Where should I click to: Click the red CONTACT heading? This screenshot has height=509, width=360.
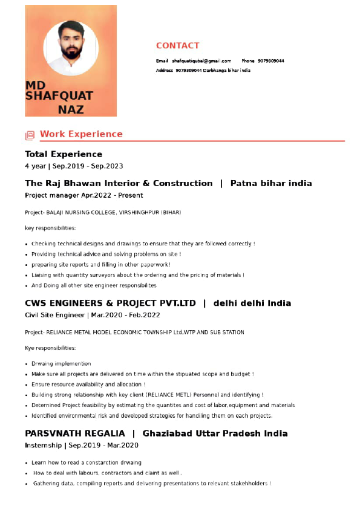click(x=177, y=46)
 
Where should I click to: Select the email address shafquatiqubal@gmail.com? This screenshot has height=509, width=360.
click(x=201, y=61)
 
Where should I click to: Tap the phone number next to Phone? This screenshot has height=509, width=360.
click(x=271, y=61)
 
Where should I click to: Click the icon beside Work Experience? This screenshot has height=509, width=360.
click(x=30, y=135)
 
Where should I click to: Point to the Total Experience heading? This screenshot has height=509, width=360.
click(x=64, y=154)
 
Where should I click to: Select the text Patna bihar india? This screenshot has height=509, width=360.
click(x=271, y=183)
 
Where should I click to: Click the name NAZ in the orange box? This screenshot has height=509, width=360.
click(x=71, y=109)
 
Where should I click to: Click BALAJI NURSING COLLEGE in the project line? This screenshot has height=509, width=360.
click(x=81, y=213)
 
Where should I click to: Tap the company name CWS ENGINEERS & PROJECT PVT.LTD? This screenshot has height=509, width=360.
click(x=110, y=303)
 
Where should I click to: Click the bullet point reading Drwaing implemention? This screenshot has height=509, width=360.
click(x=61, y=364)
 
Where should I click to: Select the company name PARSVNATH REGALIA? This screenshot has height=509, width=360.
click(x=75, y=433)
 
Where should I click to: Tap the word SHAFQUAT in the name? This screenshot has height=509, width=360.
click(x=59, y=96)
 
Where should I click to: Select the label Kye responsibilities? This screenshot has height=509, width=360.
click(x=50, y=348)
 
